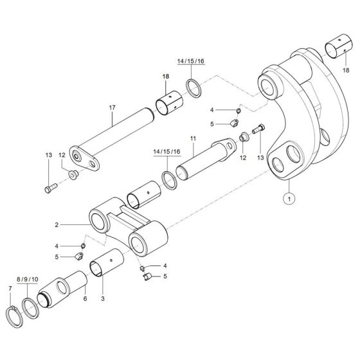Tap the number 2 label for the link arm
(x=57, y=224)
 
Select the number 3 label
(x=103, y=298)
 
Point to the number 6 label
(x=84, y=298)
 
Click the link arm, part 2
(x=125, y=226)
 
